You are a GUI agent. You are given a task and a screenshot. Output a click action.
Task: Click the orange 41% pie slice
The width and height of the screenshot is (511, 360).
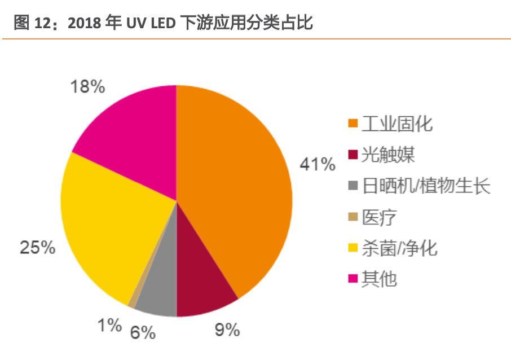[x=237, y=186]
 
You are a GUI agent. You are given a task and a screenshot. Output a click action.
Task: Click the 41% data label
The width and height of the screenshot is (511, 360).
[x=317, y=164]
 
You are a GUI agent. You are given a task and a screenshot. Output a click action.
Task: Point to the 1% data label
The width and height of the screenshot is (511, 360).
[x=109, y=325]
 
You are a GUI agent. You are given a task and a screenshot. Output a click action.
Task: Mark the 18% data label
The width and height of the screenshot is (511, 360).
[x=87, y=87]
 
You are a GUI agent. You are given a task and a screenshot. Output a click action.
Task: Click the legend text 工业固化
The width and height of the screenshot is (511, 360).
[x=397, y=123]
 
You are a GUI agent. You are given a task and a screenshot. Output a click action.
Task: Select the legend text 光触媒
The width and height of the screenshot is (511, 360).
[x=389, y=154]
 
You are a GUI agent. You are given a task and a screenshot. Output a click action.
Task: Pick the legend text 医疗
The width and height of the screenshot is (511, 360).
[x=381, y=216]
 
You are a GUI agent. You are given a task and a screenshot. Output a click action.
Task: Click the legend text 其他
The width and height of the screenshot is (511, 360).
[x=381, y=278]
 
